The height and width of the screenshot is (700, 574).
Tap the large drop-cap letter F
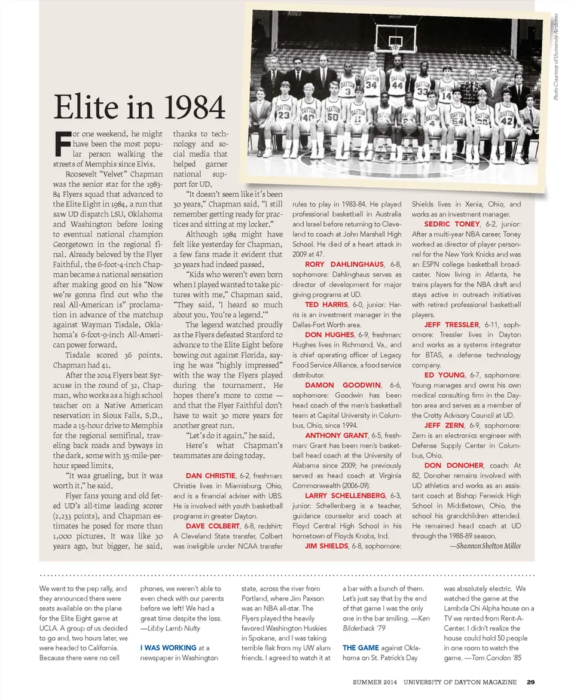[x=62, y=143]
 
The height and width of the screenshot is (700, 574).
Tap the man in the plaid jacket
[x=472, y=93]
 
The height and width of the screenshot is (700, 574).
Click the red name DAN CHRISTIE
[x=209, y=476]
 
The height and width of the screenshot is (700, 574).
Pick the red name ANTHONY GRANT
[x=335, y=436]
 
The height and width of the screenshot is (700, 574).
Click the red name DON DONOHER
[x=454, y=465]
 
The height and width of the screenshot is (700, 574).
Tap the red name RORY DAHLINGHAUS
[x=344, y=264]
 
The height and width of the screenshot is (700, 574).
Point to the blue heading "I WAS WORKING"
[x=168, y=647]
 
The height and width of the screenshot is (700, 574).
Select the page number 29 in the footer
[x=530, y=683]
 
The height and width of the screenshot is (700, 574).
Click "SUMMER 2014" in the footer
[x=375, y=683]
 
